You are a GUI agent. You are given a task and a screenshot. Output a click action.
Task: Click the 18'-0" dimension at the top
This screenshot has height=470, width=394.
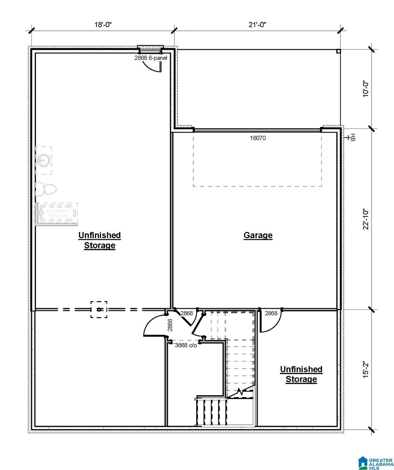coord(103,25)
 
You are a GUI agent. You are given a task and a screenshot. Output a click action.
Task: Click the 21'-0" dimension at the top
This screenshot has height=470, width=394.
coord(257,25)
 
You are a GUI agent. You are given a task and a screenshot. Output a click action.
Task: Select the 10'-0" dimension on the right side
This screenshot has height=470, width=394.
coord(366,89)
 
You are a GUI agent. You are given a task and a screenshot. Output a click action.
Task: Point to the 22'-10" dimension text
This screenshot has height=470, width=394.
coord(366,219)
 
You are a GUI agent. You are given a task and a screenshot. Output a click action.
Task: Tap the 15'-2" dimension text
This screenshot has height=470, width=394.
coord(366,369)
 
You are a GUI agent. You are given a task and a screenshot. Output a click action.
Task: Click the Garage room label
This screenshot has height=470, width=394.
coord(258,235)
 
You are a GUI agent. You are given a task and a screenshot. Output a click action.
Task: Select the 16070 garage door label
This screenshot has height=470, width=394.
coord(257,138)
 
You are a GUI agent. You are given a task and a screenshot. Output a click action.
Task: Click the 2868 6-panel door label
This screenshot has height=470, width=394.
coord(151,58)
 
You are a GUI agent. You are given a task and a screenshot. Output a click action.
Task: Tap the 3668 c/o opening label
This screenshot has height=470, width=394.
coord(186,345)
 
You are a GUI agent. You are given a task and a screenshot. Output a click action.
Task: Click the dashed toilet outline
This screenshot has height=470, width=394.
coord(46,189)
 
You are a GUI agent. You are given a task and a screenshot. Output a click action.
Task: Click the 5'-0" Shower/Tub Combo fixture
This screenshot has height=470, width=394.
coord(57,214)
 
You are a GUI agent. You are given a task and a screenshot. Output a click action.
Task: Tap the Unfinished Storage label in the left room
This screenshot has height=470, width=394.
coord(99,240)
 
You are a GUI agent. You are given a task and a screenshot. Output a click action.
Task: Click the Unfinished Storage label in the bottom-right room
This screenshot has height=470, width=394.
coord(301,374)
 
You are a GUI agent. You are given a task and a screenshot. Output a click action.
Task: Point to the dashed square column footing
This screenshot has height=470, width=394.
coord(99,309)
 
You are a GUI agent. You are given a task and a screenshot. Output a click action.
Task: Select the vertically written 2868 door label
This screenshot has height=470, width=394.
coord(170,325)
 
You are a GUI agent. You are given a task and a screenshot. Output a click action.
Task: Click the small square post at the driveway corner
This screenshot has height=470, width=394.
coord(338,51)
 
